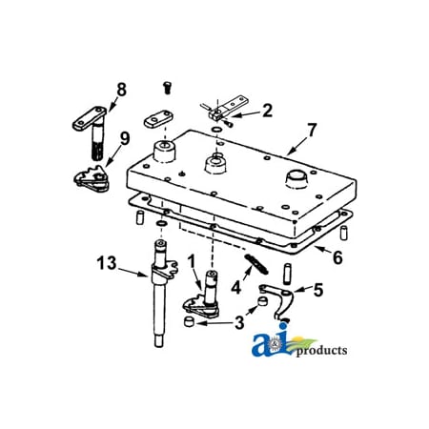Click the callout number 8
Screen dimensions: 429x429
pos(121,90)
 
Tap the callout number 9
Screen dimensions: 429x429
pos(125,139)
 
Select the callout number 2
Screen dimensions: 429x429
pos(267,111)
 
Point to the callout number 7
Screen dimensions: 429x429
pos(312,130)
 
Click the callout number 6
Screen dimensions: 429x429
pos(337,257)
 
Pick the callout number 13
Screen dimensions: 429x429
pos(107,263)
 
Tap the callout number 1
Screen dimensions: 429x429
pos(192,261)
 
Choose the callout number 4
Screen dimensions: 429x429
pos(235,288)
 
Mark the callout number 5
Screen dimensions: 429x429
pos(318,290)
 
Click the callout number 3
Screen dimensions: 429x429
pos(239,322)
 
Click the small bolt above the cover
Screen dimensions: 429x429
pos(167,88)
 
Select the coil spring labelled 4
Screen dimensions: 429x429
pos(256,264)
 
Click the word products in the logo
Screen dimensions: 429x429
pos(321,351)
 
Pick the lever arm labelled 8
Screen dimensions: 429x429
pos(91,127)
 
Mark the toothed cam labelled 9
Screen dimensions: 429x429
pos(92,179)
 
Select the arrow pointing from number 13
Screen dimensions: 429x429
pos(133,273)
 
